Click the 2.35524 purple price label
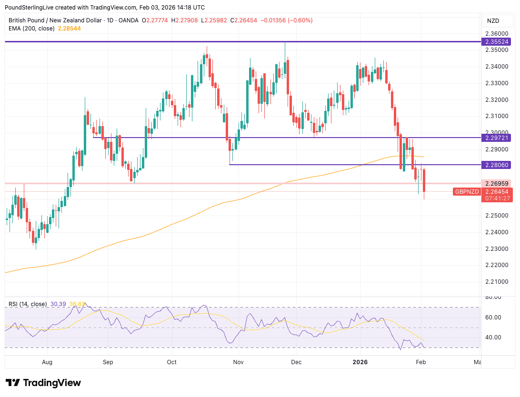click(x=497, y=42)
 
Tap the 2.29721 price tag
click(x=497, y=138)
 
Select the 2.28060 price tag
click(x=497, y=165)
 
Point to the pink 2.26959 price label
click(x=497, y=183)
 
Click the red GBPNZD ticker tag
click(x=466, y=192)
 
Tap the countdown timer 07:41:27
click(x=497, y=198)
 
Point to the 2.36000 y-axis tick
click(x=497, y=34)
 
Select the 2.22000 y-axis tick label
click(x=497, y=265)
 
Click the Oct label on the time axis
click(x=171, y=362)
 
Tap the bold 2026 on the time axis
click(x=360, y=362)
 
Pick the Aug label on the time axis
click(x=47, y=362)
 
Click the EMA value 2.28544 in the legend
click(x=70, y=29)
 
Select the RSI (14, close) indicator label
click(x=28, y=304)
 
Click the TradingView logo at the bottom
click(x=43, y=383)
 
